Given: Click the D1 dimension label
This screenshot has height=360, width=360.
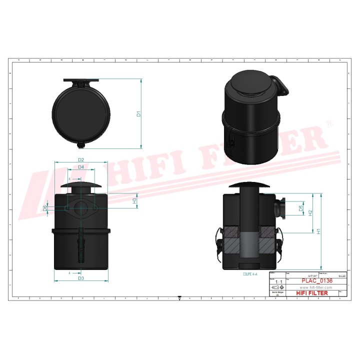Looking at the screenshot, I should pyautogui.click(x=139, y=113).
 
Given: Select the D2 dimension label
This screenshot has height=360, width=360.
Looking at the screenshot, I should pyautogui.click(x=80, y=160).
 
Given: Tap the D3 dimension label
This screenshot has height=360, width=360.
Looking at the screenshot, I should pyautogui.click(x=80, y=278).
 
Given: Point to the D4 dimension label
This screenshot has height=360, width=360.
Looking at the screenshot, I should pyautogui.click(x=80, y=167).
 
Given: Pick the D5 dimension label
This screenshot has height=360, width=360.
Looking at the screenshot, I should pyautogui.click(x=300, y=207).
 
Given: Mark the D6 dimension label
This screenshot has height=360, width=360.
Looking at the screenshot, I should pyautogui.click(x=45, y=208).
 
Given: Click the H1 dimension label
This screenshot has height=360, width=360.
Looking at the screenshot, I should pyautogui.click(x=318, y=231).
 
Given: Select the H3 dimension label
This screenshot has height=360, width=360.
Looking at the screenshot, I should pyautogui.click(x=134, y=200).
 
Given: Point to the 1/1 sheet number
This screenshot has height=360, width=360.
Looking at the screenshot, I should pyautogui.click(x=278, y=282).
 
